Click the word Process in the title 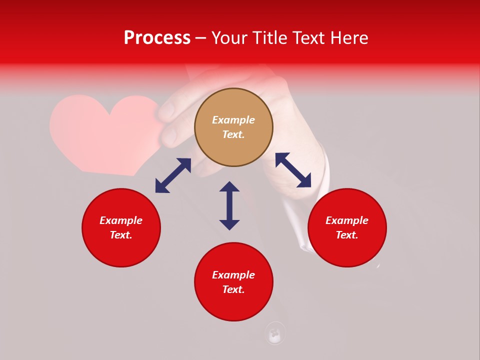tap(157, 38)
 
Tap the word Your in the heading tap(230, 38)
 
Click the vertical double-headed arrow tap(229, 205)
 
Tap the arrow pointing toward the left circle tap(173, 175)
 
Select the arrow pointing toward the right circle tap(293, 170)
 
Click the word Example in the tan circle tap(233, 120)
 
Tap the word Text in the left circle tap(121, 235)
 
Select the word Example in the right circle tap(347, 220)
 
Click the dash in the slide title tap(201, 38)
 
